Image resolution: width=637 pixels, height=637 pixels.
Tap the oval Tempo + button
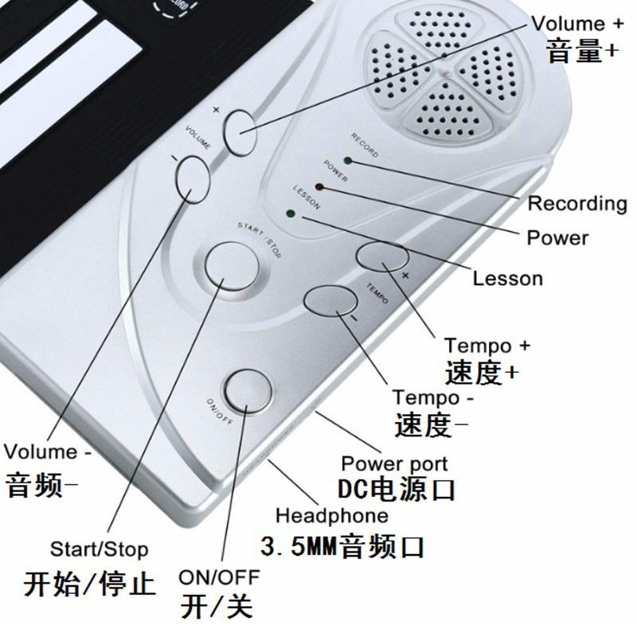(382, 256)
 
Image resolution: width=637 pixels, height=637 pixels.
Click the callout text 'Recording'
(577, 203)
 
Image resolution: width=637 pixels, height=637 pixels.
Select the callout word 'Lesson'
(507, 279)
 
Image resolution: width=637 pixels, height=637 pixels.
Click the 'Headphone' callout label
(332, 515)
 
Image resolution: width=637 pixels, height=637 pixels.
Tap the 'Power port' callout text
(394, 463)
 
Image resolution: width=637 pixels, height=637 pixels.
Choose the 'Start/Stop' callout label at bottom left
(99, 549)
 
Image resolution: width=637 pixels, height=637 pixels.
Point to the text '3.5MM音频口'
(342, 547)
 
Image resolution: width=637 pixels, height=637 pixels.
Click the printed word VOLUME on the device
(197, 139)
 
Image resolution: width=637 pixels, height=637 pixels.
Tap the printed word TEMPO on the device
(377, 292)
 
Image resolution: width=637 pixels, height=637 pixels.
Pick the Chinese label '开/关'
(216, 606)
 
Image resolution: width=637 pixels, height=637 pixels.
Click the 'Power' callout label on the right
(557, 237)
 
